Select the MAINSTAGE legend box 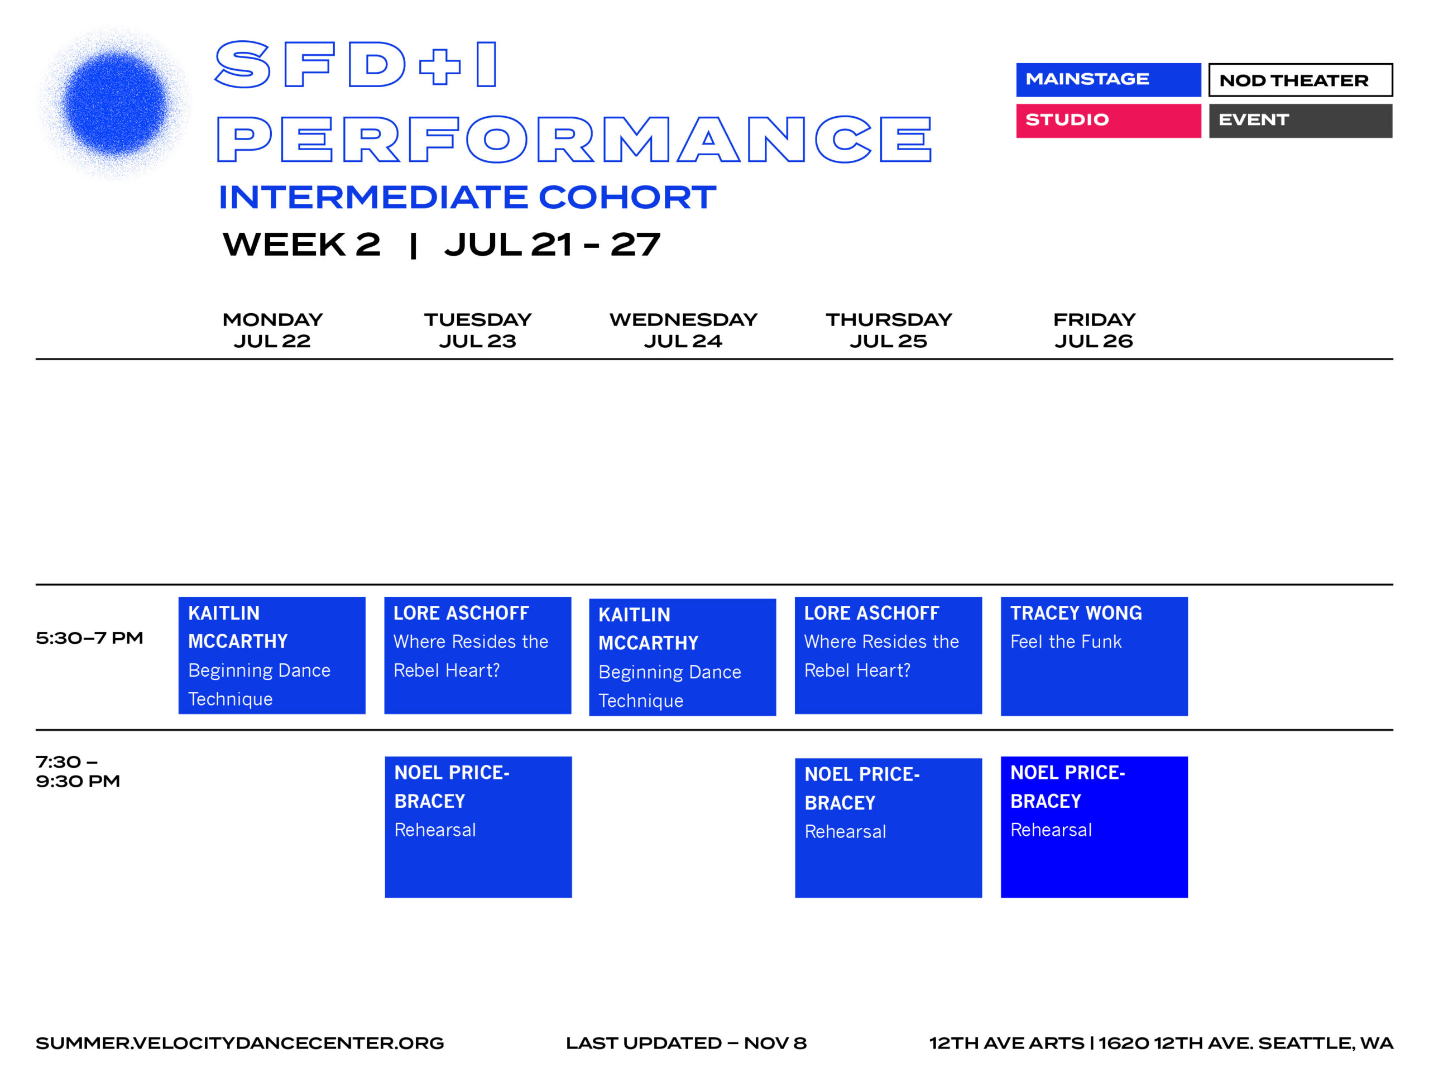pyautogui.click(x=1108, y=79)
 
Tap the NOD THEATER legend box pyautogui.click(x=1301, y=79)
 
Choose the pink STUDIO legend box pyautogui.click(x=1108, y=120)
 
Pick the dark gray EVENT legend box pyautogui.click(x=1301, y=120)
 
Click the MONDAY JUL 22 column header pyautogui.click(x=272, y=330)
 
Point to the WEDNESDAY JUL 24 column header pyautogui.click(x=683, y=330)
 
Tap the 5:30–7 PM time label pyautogui.click(x=89, y=638)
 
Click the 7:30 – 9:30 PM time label pyautogui.click(x=78, y=772)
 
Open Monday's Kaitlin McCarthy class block pyautogui.click(x=272, y=655)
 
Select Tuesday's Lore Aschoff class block pyautogui.click(x=477, y=655)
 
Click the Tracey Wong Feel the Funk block pyautogui.click(x=1095, y=656)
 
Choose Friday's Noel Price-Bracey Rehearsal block pyautogui.click(x=1095, y=827)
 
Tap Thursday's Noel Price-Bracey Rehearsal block pyautogui.click(x=888, y=828)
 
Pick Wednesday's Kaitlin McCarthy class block pyautogui.click(x=682, y=657)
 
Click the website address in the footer pyautogui.click(x=239, y=1043)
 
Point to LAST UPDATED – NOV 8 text pyautogui.click(x=686, y=1043)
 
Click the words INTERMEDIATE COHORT pyautogui.click(x=467, y=197)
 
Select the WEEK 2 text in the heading pyautogui.click(x=301, y=244)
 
